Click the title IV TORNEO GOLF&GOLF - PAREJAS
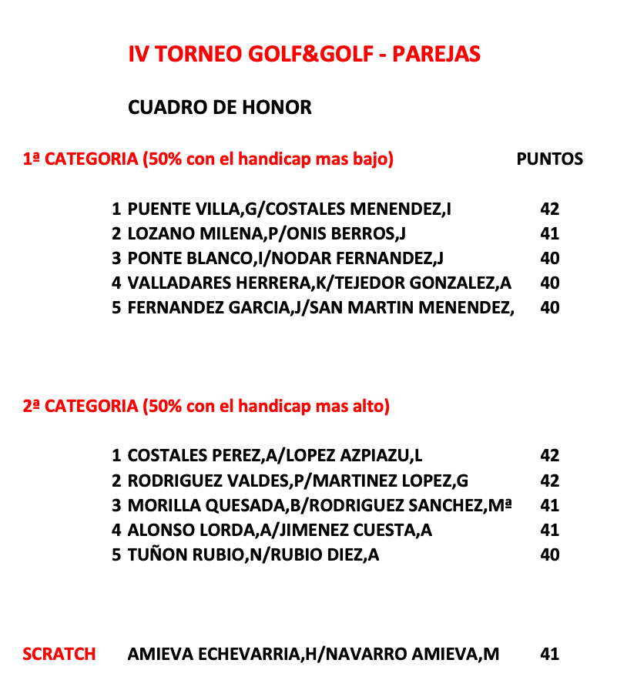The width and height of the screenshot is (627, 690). click(x=304, y=54)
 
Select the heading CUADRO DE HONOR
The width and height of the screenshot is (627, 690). click(x=220, y=108)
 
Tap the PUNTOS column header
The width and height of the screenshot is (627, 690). click(x=549, y=159)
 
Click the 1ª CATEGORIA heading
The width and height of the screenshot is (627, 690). click(x=208, y=159)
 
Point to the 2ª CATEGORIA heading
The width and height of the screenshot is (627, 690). click(x=206, y=406)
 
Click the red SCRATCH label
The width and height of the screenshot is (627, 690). click(x=59, y=654)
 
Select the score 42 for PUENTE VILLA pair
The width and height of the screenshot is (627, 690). click(x=549, y=209)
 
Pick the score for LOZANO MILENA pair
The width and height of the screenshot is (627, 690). click(x=549, y=233)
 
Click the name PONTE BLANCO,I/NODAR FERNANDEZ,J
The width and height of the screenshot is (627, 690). click(x=285, y=258)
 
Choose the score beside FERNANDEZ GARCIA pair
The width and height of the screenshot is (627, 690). click(x=549, y=307)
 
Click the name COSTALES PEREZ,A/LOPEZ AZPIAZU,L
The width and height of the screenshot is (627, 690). click(x=274, y=455)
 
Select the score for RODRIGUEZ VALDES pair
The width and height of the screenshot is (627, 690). click(x=549, y=481)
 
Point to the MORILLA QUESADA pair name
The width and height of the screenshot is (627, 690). click(x=320, y=505)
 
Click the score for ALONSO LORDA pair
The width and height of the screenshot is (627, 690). click(x=549, y=530)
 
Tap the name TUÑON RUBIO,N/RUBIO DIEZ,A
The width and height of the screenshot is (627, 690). click(x=253, y=554)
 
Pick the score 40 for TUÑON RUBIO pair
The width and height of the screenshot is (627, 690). click(x=549, y=554)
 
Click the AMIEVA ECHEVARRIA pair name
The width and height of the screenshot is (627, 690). click(x=313, y=654)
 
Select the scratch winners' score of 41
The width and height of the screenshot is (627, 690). click(x=549, y=654)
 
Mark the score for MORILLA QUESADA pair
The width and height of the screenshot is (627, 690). click(x=549, y=505)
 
